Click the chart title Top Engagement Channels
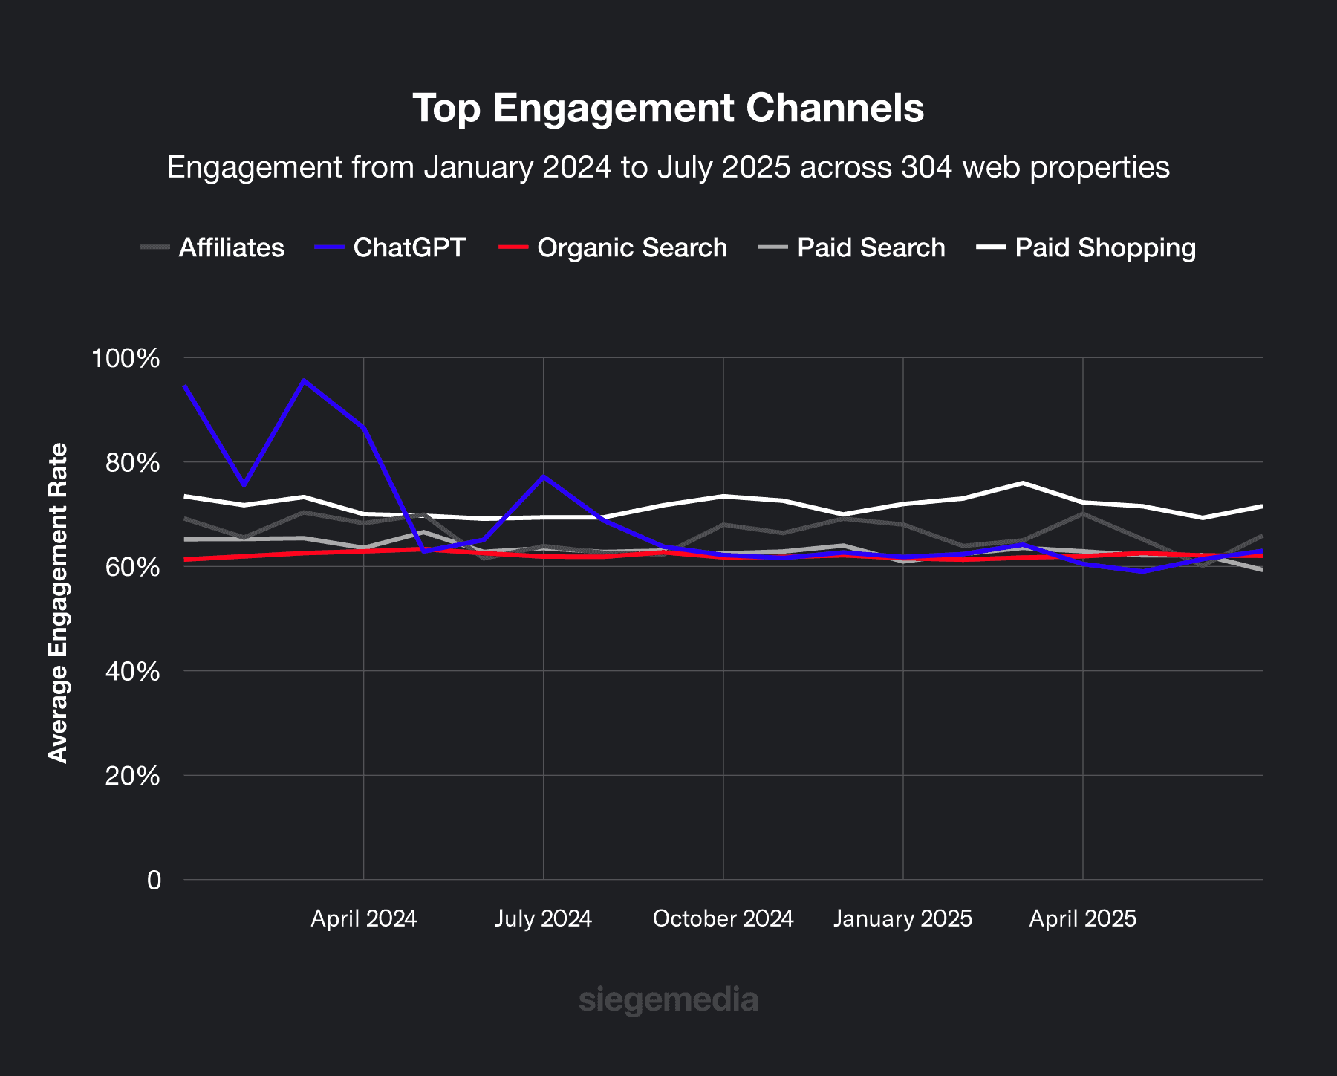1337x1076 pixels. coord(668,108)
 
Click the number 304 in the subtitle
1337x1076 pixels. coord(926,167)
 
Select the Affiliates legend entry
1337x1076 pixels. coord(231,247)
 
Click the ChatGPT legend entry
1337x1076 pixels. coord(409,247)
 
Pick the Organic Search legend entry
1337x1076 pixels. coord(631,247)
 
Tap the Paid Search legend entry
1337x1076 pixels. coord(871,247)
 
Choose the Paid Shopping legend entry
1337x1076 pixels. coord(1105,247)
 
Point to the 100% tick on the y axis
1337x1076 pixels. coord(126,358)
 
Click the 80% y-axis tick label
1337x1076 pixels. coord(132,463)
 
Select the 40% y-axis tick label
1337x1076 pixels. coord(132,672)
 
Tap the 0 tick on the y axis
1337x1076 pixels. coord(154,881)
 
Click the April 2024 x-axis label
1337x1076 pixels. coord(363,919)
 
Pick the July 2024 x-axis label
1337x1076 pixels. coord(543,919)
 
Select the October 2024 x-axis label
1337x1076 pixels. coord(723,919)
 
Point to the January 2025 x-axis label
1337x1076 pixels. coord(902,919)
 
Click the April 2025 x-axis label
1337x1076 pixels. coord(1082,919)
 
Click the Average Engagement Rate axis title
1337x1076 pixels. coord(58,603)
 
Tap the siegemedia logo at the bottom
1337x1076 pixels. coord(668,999)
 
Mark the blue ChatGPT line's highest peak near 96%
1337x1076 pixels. coord(304,380)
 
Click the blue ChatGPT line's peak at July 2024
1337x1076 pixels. coord(544,476)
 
